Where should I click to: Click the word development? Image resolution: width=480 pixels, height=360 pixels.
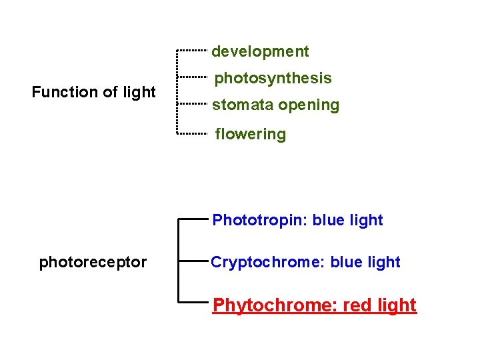point(260,51)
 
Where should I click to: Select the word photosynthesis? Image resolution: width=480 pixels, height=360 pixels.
point(273,79)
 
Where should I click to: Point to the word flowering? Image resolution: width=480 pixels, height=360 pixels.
point(250,134)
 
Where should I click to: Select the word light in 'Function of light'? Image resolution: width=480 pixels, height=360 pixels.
point(139,92)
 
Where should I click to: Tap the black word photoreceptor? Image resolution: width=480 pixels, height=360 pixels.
point(93,262)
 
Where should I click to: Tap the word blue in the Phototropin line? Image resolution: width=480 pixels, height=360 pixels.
point(329,221)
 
